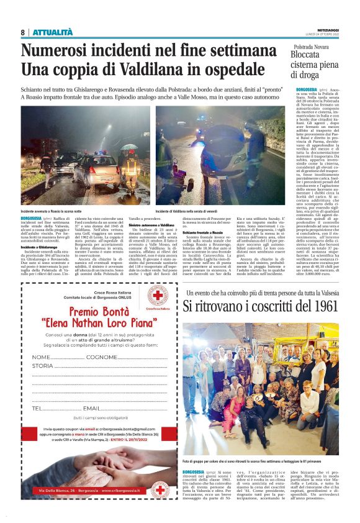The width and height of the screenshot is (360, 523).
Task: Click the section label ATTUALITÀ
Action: [x=53, y=32]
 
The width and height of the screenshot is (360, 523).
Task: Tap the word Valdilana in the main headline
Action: [x=122, y=70]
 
